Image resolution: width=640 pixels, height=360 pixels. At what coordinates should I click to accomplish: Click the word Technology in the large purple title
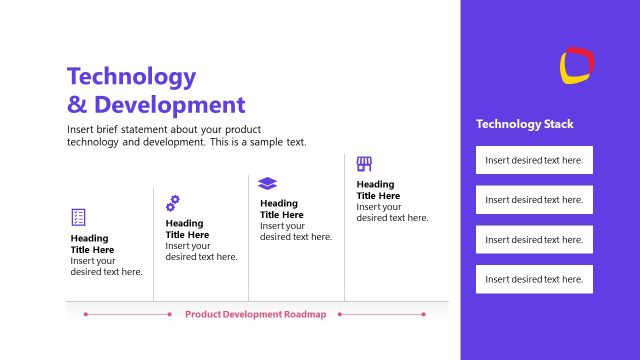131,76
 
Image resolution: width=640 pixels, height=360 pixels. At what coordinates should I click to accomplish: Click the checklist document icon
78,216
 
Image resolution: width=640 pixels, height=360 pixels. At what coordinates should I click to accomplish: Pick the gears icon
173,202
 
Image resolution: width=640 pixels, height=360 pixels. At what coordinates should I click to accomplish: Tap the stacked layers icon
267,183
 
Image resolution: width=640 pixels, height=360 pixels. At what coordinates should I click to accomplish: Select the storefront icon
364,163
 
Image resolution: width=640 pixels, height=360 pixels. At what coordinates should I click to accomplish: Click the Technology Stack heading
525,125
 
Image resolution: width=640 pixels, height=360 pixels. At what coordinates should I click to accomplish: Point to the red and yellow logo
577,65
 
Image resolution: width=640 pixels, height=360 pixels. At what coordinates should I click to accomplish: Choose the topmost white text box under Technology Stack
534,160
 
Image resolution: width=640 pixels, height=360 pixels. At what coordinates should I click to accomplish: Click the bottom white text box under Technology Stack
534,279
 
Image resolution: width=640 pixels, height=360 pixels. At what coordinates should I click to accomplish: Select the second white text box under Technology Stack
534,200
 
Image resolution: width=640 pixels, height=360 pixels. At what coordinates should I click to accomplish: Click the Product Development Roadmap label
256,314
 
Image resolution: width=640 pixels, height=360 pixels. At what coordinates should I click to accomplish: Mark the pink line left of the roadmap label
128,314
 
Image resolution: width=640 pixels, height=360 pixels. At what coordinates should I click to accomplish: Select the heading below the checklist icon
92,244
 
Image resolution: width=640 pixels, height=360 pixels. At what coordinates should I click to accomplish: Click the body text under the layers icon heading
296,231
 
